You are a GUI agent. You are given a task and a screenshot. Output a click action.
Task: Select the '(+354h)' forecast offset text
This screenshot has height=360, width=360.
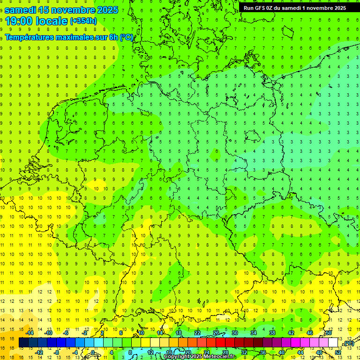83,21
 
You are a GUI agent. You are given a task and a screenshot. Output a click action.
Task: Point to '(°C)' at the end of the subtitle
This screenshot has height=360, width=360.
126,37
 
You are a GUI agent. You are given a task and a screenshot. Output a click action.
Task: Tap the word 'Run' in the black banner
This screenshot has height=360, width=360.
249,7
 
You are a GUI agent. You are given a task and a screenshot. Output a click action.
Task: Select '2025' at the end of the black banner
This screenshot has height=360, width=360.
339,7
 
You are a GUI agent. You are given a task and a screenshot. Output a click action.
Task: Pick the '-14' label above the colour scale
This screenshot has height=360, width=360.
30,333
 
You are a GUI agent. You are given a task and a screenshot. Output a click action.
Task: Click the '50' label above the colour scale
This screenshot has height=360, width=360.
329,333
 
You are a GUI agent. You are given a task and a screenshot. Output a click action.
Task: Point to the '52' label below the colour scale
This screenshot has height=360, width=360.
337,352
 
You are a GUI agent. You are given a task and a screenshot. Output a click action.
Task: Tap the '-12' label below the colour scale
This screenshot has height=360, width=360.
39,352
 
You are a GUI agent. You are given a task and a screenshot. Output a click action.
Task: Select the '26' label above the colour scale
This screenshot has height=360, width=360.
216,333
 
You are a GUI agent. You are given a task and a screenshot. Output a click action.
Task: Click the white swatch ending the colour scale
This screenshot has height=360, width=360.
333,343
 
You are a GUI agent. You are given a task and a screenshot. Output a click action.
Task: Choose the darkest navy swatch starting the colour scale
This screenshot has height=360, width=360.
23,343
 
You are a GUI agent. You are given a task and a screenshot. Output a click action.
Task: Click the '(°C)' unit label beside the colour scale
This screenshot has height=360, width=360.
348,344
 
